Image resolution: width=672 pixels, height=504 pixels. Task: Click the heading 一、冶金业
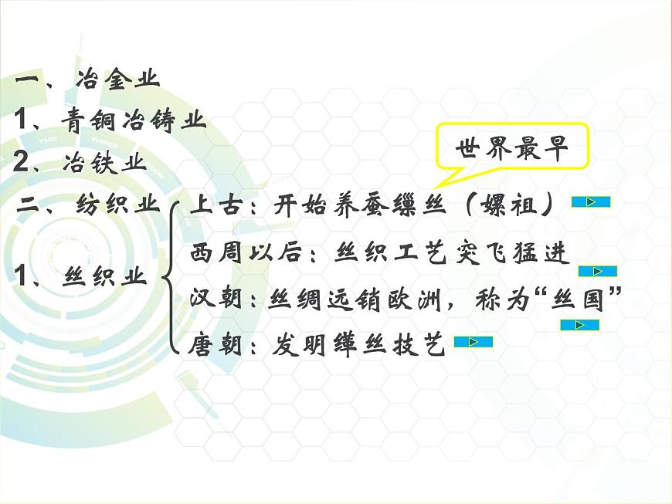coord(87,79)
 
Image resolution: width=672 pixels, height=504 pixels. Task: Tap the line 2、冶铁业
coord(80,163)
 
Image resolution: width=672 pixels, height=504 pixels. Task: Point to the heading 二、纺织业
coord(88,206)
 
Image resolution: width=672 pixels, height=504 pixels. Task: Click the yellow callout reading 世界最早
coord(511,148)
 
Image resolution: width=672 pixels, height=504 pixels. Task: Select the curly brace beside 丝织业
coord(171,276)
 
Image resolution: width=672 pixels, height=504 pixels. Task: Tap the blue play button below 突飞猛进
coord(597,271)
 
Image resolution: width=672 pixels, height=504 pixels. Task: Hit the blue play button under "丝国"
coord(580,325)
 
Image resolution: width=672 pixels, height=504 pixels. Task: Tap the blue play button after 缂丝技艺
coord(473,342)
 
